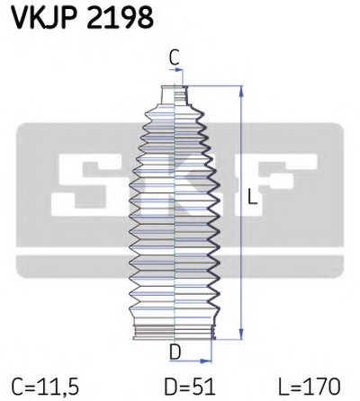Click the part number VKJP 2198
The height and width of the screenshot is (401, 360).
(x=83, y=18)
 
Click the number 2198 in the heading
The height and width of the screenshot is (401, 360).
(x=121, y=18)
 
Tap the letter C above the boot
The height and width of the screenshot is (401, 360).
(x=175, y=58)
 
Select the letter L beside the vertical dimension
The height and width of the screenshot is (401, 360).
(x=253, y=197)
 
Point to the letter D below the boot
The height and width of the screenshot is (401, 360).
(x=175, y=352)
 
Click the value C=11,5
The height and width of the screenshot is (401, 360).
(x=45, y=387)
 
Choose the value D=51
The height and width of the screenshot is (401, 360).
(x=190, y=387)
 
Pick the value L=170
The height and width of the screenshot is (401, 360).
(x=309, y=387)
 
